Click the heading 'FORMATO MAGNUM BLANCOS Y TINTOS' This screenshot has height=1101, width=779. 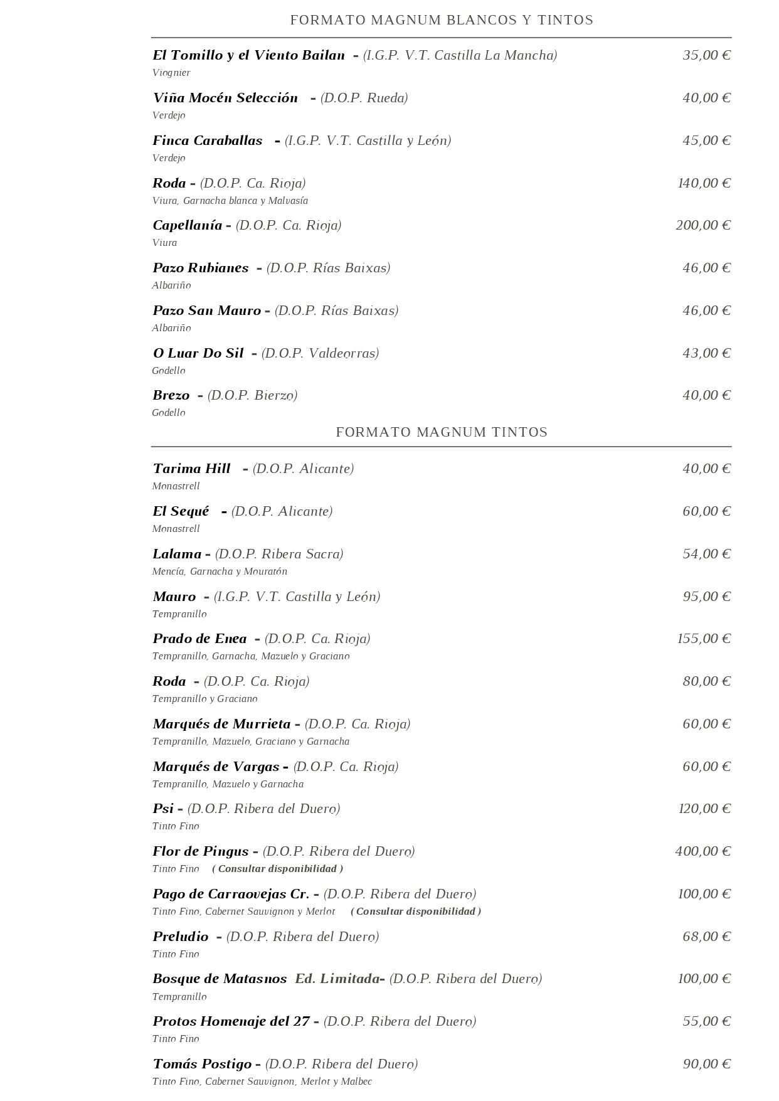point(442,20)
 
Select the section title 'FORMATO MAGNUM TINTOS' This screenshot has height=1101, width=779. point(442,432)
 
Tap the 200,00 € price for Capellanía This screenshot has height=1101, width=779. point(703,225)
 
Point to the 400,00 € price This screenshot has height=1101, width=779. point(703,851)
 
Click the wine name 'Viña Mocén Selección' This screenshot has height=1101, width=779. point(225,98)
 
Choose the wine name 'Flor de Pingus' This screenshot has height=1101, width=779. point(201,851)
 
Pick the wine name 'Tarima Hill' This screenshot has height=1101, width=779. point(191,469)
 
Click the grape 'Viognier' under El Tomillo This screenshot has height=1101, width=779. point(171,73)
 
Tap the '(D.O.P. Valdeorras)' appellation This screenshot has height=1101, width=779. point(320,353)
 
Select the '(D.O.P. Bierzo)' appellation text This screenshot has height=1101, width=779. point(252,395)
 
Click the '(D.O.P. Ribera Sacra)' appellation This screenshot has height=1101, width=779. point(279,554)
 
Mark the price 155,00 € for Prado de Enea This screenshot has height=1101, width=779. point(704,639)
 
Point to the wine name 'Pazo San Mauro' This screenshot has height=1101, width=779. point(206,311)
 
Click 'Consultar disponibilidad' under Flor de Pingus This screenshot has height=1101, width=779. point(277,869)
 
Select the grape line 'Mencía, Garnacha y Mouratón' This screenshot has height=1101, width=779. point(220,572)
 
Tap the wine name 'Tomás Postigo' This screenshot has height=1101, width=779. point(202,1064)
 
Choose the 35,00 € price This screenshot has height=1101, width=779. point(707,55)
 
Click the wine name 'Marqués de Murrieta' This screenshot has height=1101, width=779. point(221,724)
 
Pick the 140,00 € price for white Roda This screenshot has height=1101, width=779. point(704,183)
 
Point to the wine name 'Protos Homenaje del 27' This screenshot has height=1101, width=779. point(231,1021)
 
